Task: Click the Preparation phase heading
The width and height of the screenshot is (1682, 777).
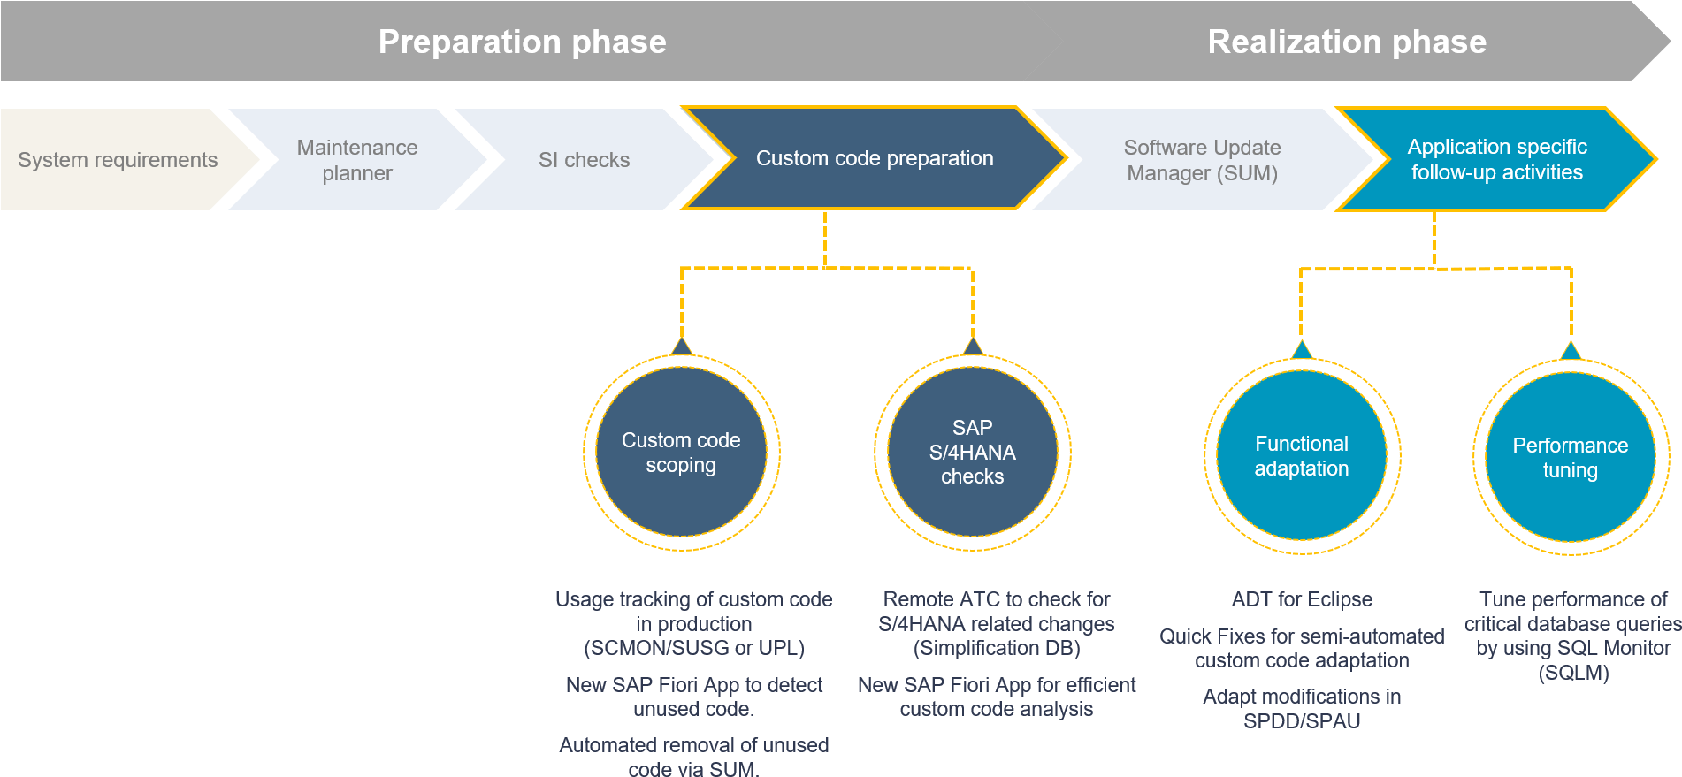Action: pos(522,42)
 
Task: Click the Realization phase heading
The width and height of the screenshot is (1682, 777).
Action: pos(1347,42)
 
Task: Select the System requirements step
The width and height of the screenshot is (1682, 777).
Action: pos(118,160)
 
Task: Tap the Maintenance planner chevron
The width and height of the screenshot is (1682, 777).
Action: pos(357,160)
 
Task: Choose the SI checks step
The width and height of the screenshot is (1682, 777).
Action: pos(584,160)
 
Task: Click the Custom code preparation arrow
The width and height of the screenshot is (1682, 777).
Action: pos(875,158)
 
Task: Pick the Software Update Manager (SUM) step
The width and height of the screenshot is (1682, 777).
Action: pos(1202,160)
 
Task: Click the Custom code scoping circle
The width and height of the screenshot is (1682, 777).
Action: pos(681,452)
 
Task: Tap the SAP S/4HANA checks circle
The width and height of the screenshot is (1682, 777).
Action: pos(973,452)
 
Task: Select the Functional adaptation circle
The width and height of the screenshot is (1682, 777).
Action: pos(1302,455)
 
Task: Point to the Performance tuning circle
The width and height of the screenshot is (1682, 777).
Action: pos(1571,457)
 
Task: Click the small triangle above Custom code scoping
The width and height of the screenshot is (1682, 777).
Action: pos(682,346)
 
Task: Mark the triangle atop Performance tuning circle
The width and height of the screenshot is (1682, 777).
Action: pos(1571,350)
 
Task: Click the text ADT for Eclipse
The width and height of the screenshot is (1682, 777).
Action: pos(1302,599)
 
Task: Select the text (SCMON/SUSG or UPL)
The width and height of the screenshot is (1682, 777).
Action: pos(694,648)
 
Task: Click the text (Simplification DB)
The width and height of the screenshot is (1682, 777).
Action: pos(997,648)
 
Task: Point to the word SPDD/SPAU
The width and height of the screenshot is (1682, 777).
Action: pos(1302,721)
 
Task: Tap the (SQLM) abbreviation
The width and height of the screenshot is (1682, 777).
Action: pos(1573,673)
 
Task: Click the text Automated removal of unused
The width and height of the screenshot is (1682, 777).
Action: pos(694,745)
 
